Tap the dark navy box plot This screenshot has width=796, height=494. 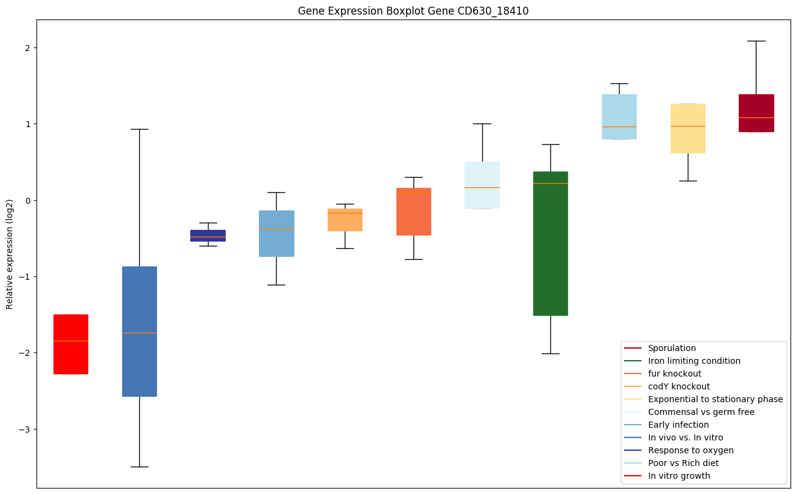point(208,235)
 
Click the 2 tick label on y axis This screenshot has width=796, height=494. point(27,48)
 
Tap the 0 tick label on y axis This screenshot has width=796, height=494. point(27,201)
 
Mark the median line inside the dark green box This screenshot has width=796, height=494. point(550,183)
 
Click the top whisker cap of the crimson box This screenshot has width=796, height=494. point(756,41)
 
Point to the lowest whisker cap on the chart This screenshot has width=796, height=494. point(139,467)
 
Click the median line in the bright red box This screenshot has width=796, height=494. point(71,341)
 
